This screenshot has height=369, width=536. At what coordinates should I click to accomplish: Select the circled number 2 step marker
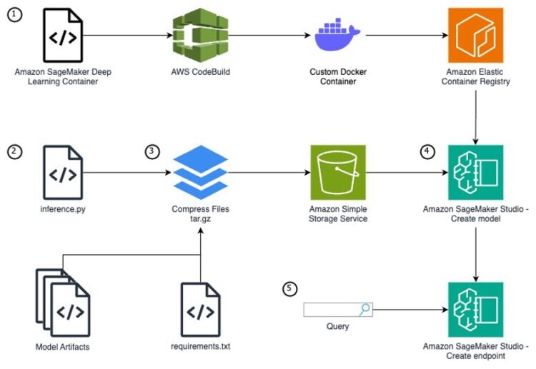[14, 151]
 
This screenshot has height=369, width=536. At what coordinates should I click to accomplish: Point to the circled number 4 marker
[426, 151]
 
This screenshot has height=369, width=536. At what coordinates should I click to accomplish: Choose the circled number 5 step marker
[289, 288]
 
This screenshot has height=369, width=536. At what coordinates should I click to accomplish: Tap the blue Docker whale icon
[337, 35]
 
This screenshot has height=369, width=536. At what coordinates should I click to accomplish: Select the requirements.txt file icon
[201, 309]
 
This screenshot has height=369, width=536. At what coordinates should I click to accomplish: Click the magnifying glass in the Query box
[364, 309]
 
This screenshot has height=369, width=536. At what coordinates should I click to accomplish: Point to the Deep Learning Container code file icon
[63, 34]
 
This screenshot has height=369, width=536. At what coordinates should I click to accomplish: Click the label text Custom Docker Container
[337, 76]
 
